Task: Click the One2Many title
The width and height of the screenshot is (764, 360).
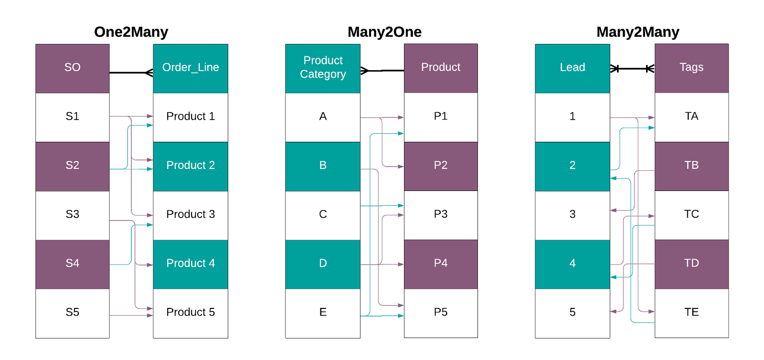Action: click(x=131, y=32)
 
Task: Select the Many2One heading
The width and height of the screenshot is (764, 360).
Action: click(x=384, y=32)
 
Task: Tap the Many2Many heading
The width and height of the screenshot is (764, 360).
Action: click(x=637, y=32)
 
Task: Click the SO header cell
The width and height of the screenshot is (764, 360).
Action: click(x=73, y=68)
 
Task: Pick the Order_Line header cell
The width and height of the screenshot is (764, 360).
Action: click(x=191, y=68)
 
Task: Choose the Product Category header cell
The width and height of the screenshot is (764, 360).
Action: click(x=323, y=68)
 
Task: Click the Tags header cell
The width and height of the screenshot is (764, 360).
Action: click(x=691, y=68)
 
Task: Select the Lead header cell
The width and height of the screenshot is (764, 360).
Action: click(x=572, y=68)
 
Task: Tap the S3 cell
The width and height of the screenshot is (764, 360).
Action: click(x=73, y=214)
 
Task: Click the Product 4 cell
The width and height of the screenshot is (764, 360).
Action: click(x=191, y=264)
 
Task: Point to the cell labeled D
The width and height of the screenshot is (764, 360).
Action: click(x=323, y=264)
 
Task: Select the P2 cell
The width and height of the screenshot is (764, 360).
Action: click(x=441, y=166)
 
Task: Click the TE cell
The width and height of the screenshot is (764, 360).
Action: click(x=691, y=313)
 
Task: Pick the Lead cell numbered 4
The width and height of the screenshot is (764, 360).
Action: click(x=572, y=264)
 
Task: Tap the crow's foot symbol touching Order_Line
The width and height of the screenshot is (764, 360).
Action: click(x=149, y=73)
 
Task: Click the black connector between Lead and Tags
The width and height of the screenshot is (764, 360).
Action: click(x=632, y=69)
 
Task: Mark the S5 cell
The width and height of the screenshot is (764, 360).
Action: click(x=73, y=313)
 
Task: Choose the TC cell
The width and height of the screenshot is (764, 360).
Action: click(x=691, y=214)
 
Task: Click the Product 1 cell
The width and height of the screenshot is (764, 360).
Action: click(x=191, y=116)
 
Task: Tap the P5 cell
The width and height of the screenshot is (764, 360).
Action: click(x=441, y=313)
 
